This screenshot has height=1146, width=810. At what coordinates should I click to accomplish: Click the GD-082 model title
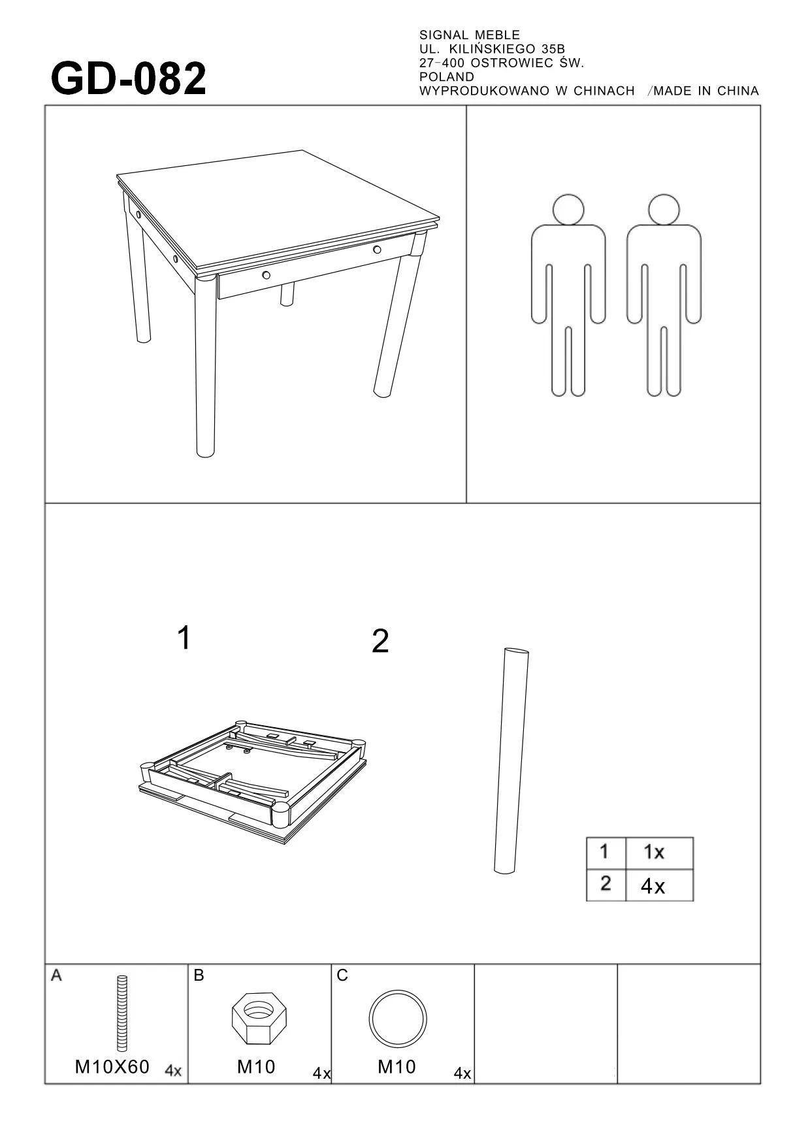point(129,79)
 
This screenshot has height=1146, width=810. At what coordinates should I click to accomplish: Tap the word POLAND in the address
point(447,77)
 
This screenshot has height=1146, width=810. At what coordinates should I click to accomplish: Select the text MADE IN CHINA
point(706,91)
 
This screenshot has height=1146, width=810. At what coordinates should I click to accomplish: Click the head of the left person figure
point(568,210)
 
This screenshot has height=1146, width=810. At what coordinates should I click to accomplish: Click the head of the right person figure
point(664,210)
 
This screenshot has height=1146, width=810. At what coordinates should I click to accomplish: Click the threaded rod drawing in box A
point(122,1013)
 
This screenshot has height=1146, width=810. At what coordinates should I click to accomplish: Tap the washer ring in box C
point(398,1020)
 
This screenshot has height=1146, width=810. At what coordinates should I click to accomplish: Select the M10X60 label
point(112,1067)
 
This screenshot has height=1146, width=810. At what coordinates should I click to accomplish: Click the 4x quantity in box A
point(173,1071)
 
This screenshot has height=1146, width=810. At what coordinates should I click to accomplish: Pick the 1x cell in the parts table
point(654,852)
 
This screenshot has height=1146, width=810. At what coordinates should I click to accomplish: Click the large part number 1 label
point(184,638)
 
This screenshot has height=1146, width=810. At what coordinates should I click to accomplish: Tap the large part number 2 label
point(380,642)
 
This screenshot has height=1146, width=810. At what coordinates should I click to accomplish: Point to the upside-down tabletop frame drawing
point(252,782)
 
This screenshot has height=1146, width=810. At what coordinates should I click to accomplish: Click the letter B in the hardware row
point(199,975)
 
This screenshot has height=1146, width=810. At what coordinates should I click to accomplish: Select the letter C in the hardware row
point(342,975)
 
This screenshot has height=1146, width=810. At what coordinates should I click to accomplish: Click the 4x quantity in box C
point(462,1073)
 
